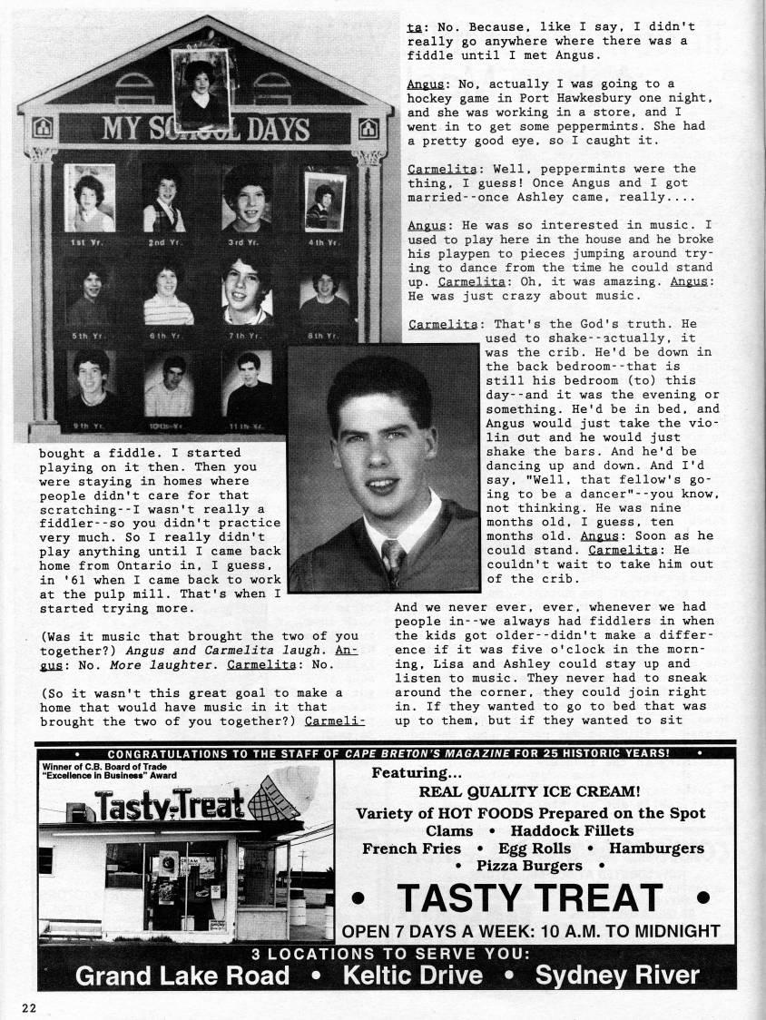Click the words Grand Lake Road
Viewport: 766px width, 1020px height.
coord(182,975)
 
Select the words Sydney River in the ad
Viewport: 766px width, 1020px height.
coord(617,975)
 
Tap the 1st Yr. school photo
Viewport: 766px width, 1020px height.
coord(89,199)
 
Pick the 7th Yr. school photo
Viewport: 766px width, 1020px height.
coord(247,290)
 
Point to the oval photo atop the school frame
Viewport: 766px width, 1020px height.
coord(200,88)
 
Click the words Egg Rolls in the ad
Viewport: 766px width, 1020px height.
coord(534,848)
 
